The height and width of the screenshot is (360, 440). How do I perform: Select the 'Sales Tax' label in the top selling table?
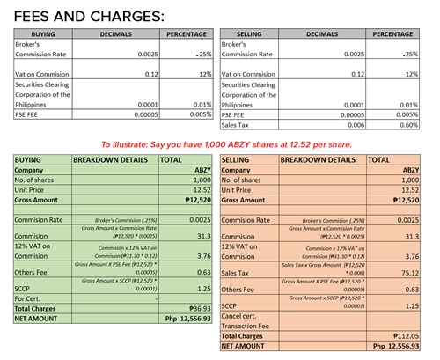238,125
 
